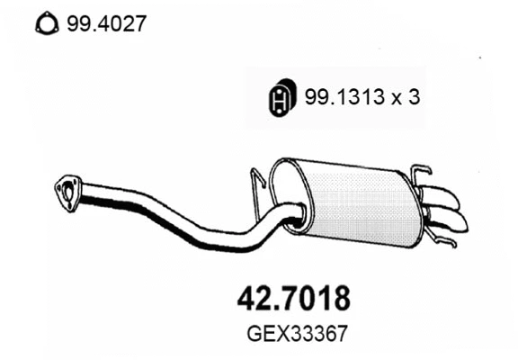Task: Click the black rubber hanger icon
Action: pos(281,100)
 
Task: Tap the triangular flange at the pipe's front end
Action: pos(66,188)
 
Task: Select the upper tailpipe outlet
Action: pos(444,196)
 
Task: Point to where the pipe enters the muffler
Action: pos(293,213)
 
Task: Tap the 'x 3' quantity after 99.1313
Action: pos(406,99)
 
